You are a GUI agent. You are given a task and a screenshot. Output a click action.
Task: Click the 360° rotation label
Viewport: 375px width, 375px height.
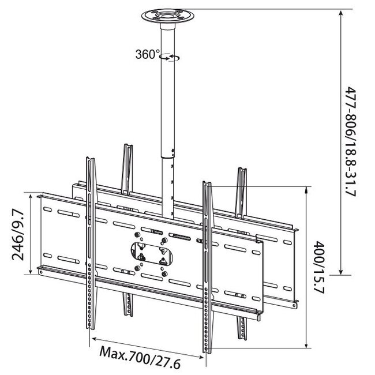click(148, 54)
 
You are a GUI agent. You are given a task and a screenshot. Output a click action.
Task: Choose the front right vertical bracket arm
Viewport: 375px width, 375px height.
click(207, 265)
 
